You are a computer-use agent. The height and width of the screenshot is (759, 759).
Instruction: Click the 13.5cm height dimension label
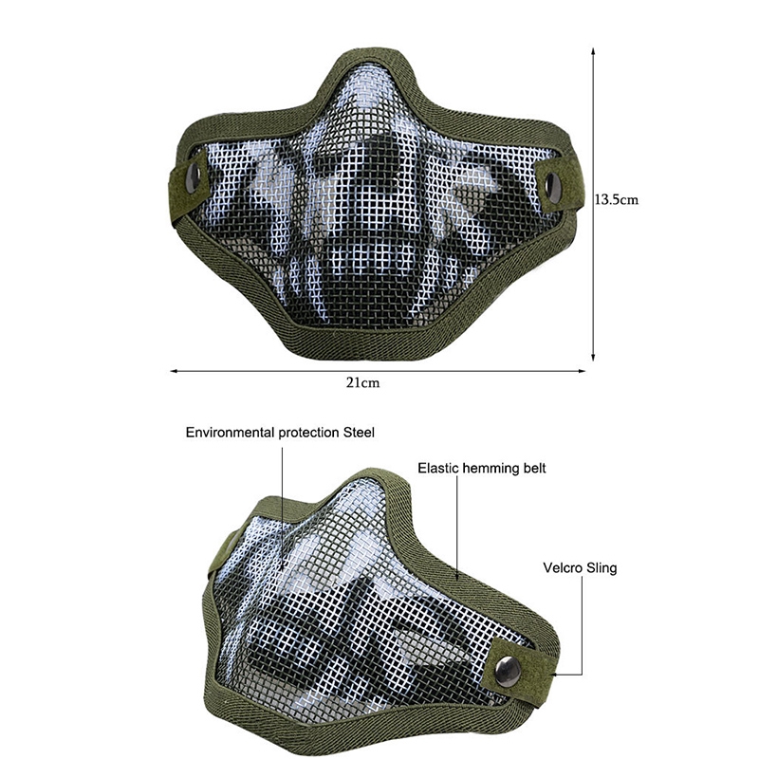(x=616, y=199)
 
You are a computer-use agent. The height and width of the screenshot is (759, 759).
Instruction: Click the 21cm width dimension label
(x=363, y=383)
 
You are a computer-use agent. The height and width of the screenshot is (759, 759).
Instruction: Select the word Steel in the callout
(x=359, y=433)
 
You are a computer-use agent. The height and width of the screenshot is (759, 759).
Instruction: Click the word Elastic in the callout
(x=438, y=468)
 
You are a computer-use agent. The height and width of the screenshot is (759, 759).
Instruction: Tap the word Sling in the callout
(x=602, y=568)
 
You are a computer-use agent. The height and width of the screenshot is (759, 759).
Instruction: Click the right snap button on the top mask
(x=550, y=185)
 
